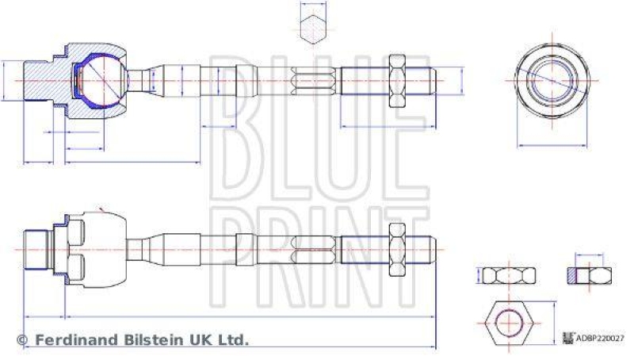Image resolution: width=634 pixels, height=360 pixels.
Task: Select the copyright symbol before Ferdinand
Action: tap(22, 340)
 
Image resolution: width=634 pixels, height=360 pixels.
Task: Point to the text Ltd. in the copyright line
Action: tap(233, 339)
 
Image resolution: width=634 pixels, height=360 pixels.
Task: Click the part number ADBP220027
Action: tap(600, 337)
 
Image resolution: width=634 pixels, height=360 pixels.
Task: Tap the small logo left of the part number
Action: tap(567, 337)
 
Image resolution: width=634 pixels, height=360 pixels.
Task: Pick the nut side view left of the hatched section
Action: tap(509, 276)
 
